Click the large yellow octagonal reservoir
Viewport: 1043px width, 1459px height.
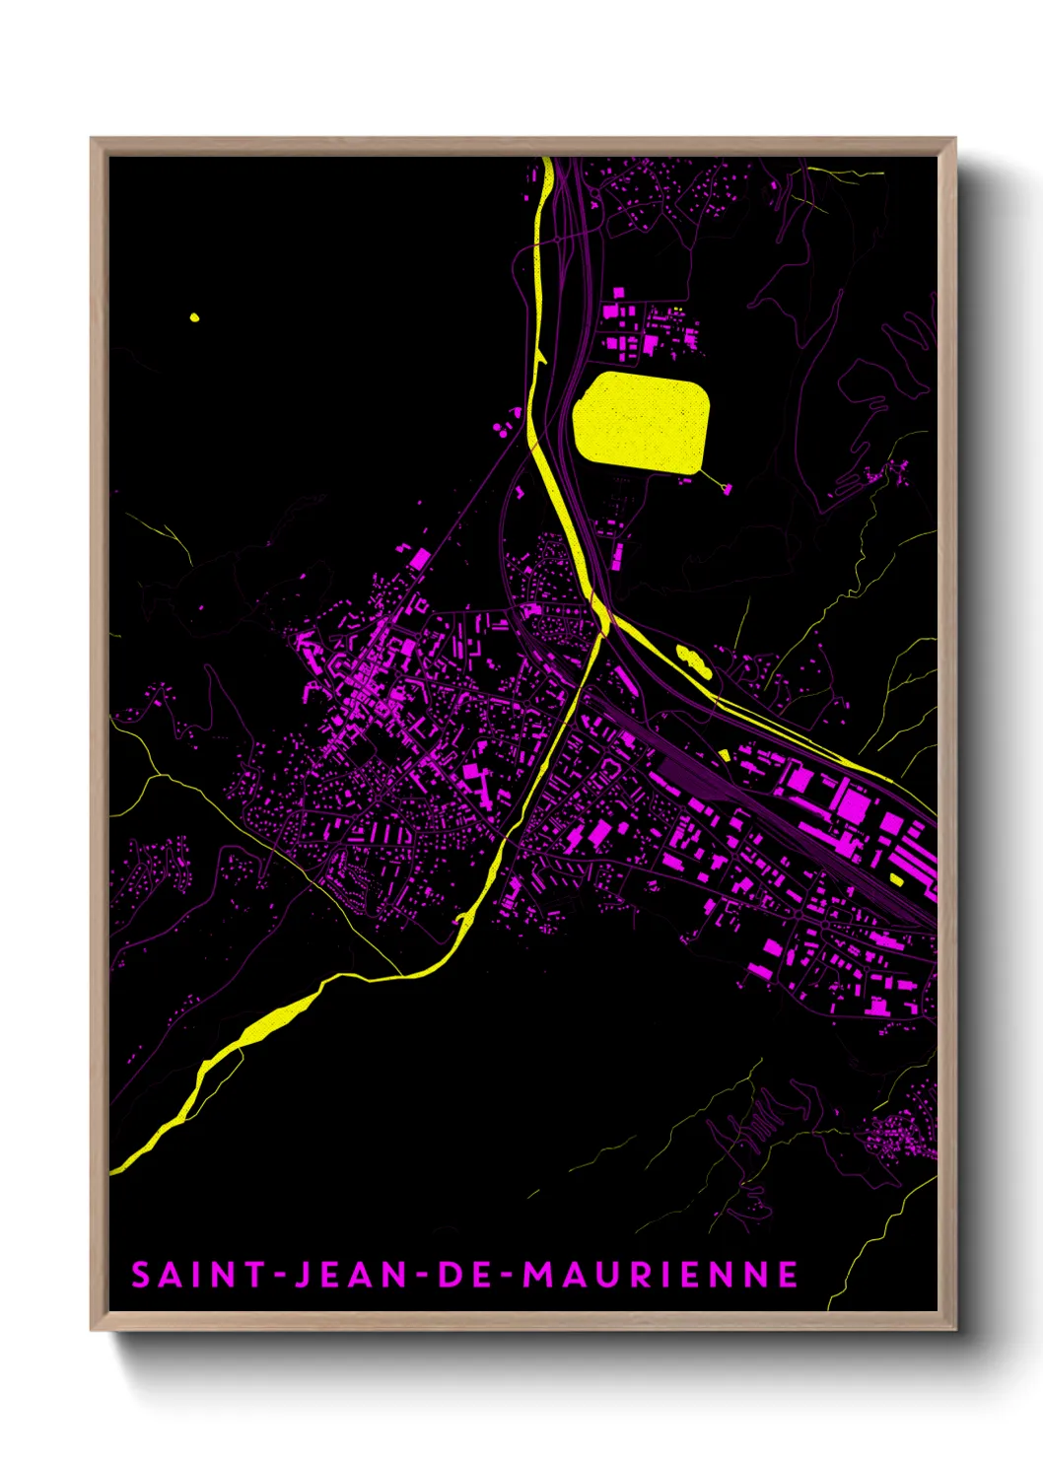point(641,422)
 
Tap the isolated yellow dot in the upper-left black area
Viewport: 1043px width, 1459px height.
point(194,317)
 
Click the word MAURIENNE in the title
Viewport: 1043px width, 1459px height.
point(661,1275)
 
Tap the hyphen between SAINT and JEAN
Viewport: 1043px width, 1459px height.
point(280,1276)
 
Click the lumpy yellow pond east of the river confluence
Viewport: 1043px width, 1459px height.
point(693,660)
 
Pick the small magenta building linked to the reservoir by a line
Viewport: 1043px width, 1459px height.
point(728,488)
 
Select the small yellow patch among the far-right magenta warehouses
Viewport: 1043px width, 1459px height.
point(896,878)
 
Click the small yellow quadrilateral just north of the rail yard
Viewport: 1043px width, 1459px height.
point(725,755)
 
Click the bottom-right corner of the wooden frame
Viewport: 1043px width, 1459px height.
point(954,1328)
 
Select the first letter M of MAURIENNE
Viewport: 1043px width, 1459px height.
point(538,1275)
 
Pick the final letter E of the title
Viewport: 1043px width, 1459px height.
point(788,1275)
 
